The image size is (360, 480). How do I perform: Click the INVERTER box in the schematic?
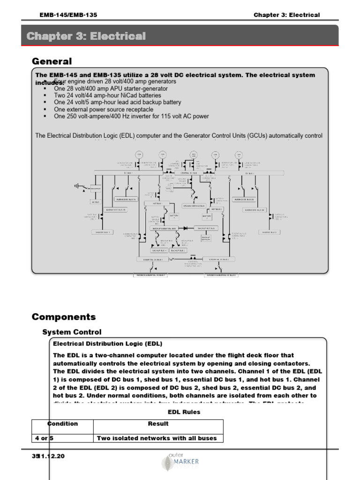pos(96,189)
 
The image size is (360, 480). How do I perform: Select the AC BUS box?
pos(96,202)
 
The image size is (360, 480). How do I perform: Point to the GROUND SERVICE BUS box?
pos(195,206)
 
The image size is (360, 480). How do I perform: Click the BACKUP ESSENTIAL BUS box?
pos(163,228)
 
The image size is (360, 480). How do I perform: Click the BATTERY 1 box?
pos(173,216)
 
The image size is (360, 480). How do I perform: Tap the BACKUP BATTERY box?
pos(206,238)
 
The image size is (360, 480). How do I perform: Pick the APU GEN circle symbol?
pos(193,154)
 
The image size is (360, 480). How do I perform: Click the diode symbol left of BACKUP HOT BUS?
pos(186,228)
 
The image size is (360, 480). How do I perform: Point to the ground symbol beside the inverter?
pos(76,186)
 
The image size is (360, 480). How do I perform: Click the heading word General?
pos(52,61)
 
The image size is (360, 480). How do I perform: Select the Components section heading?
pos(63,317)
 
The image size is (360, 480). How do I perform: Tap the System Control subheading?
pos(72,332)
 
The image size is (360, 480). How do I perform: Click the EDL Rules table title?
pos(184,412)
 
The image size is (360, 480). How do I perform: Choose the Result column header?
pos(158,424)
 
